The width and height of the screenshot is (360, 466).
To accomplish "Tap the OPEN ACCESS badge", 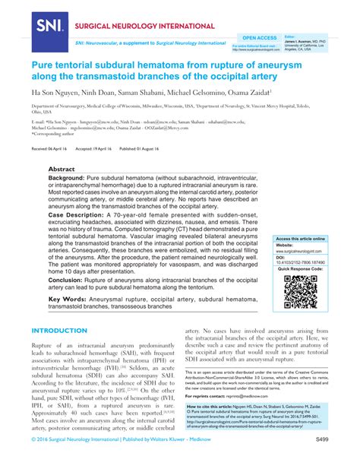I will [x=259, y=36].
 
